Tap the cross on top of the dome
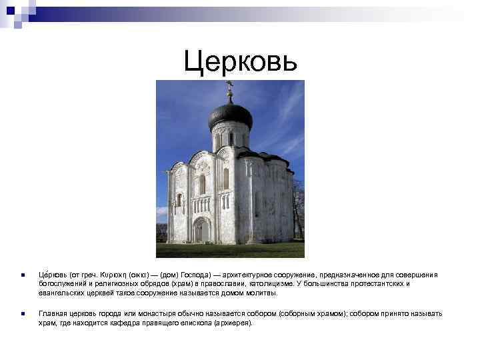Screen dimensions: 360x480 click(230, 88)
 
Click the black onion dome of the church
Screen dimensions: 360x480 click(230, 115)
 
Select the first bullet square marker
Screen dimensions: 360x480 click(22, 275)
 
